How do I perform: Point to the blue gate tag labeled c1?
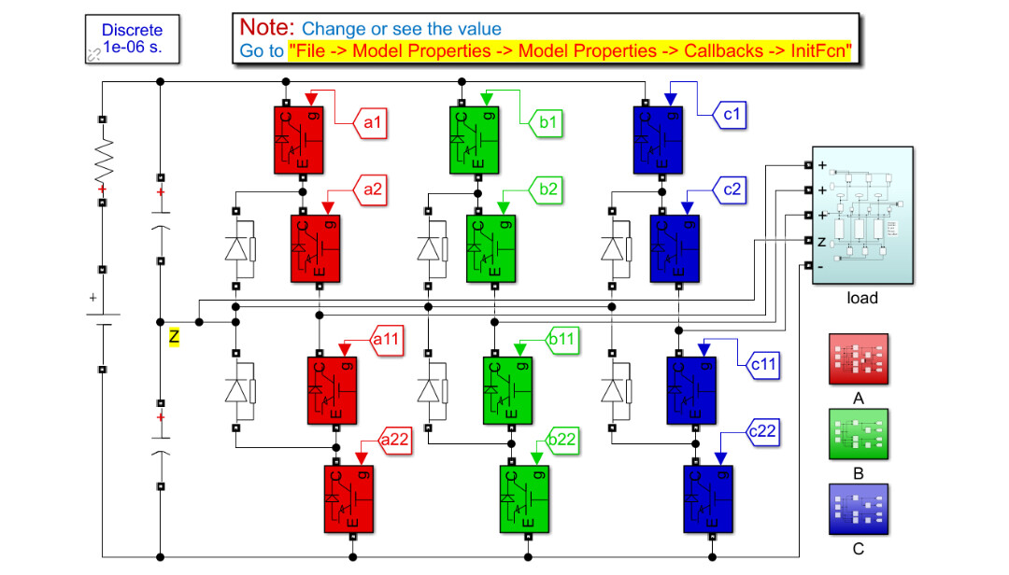click(732, 115)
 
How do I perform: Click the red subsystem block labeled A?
click(859, 359)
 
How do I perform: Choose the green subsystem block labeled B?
click(859, 435)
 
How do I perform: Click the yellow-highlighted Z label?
click(174, 335)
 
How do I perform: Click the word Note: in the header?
click(267, 28)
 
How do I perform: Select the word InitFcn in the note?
click(819, 51)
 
